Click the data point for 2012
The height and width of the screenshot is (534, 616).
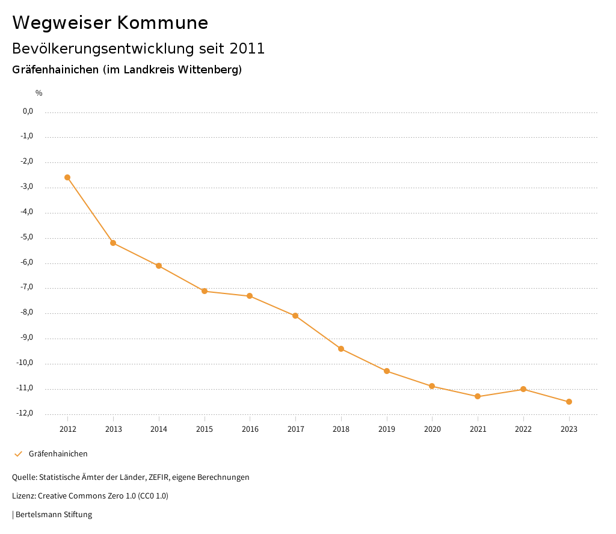click(x=67, y=177)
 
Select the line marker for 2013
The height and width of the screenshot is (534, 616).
click(x=113, y=243)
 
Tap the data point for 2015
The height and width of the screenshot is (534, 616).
click(x=205, y=291)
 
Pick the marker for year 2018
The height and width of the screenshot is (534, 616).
click(x=341, y=349)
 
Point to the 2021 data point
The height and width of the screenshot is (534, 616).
click(x=478, y=396)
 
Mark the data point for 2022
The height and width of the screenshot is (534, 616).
click(x=523, y=389)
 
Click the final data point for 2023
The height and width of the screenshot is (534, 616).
click(x=569, y=402)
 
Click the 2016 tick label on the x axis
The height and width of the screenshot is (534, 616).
click(x=250, y=429)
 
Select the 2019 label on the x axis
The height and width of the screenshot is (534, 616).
click(x=387, y=429)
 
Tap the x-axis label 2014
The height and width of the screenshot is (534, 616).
click(x=159, y=429)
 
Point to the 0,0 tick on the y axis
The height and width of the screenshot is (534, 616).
click(x=28, y=111)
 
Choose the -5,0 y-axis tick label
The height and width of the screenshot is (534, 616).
click(x=26, y=237)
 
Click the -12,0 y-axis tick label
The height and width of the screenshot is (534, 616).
click(x=25, y=413)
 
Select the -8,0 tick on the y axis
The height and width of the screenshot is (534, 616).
click(x=26, y=313)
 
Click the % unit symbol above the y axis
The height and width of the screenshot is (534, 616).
click(x=39, y=93)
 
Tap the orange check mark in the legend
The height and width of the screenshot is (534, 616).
click(x=18, y=454)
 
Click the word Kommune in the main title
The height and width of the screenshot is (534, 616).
click(x=162, y=23)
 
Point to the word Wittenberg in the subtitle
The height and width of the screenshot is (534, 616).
click(x=210, y=70)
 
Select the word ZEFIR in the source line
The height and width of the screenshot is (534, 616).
click(x=160, y=477)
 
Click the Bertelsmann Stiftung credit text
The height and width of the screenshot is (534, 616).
click(x=54, y=515)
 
